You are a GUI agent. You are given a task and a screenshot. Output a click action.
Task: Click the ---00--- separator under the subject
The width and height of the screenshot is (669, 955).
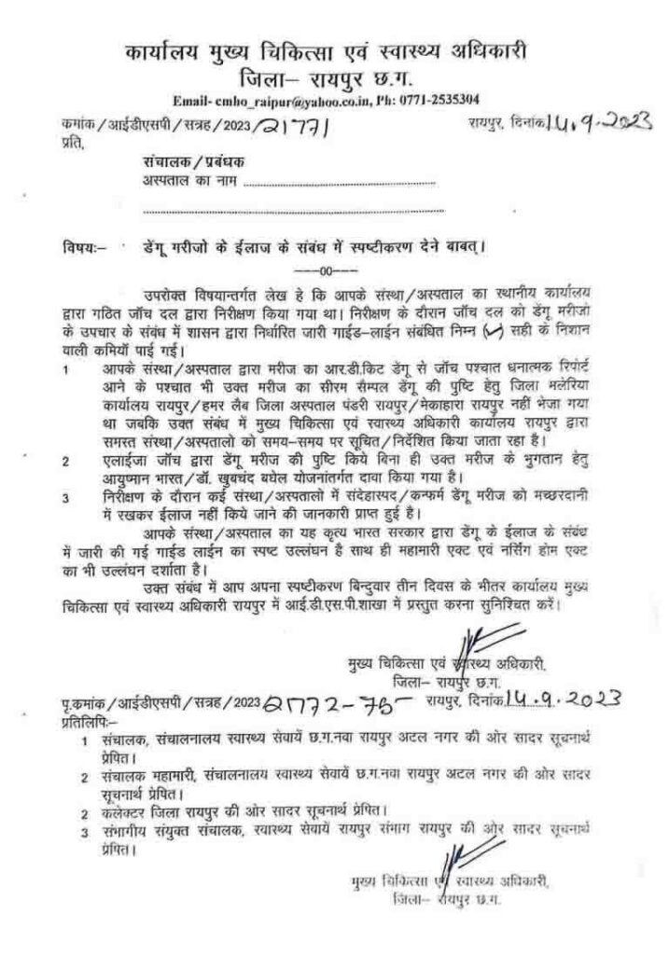point(333,271)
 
